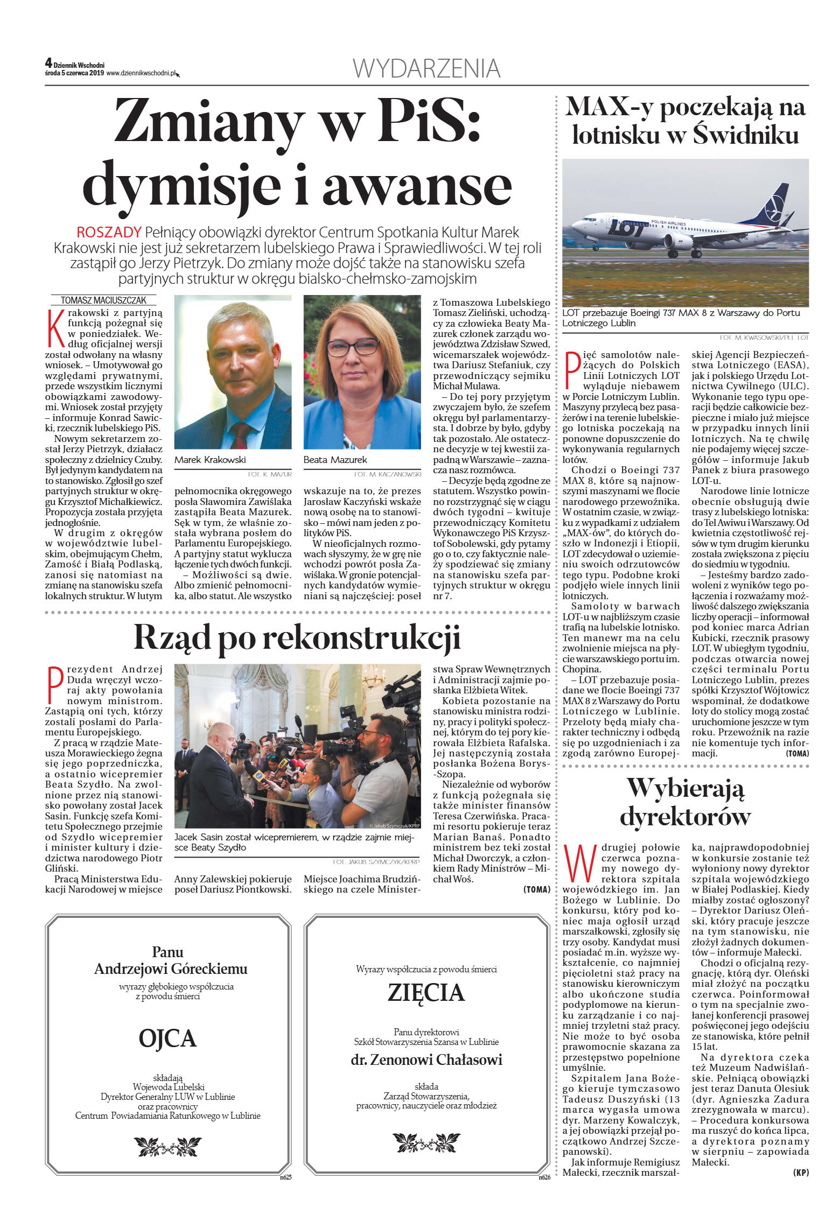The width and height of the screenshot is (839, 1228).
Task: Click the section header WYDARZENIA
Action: click(x=427, y=69)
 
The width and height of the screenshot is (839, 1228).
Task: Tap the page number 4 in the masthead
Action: click(x=48, y=64)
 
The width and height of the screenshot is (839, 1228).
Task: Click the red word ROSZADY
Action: click(x=109, y=233)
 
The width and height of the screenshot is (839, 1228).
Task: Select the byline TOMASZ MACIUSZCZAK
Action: click(x=103, y=300)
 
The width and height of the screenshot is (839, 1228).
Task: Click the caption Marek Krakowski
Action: click(x=210, y=460)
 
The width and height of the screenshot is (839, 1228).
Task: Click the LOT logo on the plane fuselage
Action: click(x=626, y=228)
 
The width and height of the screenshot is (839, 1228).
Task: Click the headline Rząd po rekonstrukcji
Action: click(x=297, y=638)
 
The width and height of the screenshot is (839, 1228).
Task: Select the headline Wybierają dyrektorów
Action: click(x=685, y=802)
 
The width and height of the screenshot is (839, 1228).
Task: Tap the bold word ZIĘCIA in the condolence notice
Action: click(x=426, y=993)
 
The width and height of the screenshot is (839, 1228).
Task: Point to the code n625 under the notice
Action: click(x=285, y=1177)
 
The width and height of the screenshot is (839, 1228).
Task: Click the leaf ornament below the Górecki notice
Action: click(x=167, y=1146)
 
